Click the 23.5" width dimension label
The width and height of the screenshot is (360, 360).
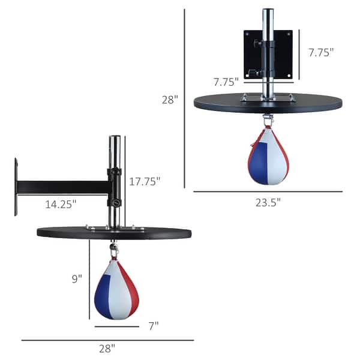(267, 202)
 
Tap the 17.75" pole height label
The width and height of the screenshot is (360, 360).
(144, 182)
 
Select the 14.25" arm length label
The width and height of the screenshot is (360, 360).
(61, 204)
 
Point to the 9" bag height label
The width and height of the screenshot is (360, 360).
(76, 278)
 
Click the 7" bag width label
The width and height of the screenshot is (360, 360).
(154, 326)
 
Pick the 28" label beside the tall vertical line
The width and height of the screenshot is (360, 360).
(170, 100)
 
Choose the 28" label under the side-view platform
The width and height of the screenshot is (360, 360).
(107, 348)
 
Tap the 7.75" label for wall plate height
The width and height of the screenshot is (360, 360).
(321, 52)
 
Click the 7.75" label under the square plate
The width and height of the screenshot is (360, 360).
(226, 81)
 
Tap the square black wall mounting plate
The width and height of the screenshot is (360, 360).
(268, 55)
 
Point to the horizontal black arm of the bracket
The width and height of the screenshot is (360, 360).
(63, 187)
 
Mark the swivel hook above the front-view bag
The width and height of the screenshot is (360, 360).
(268, 119)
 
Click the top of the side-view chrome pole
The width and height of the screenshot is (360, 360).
(114, 139)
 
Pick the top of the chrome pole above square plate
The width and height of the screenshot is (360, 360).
(268, 11)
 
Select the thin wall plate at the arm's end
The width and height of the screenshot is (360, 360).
(16, 187)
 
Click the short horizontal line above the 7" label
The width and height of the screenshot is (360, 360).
(116, 326)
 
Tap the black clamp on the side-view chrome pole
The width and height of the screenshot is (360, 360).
(114, 187)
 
